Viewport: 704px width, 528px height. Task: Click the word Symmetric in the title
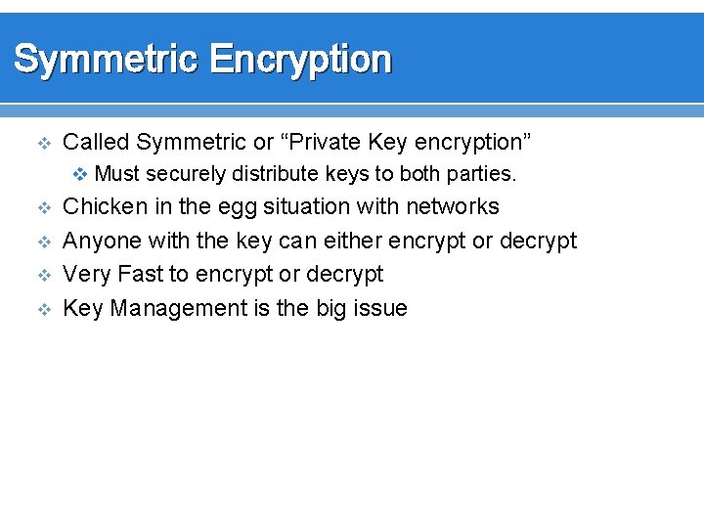point(105,60)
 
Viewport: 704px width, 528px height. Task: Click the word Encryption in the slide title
point(301,60)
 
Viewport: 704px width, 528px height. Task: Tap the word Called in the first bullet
point(96,143)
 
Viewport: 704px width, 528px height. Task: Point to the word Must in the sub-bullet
point(117,175)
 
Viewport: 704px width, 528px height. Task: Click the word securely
point(185,175)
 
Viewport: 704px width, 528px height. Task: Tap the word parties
point(482,175)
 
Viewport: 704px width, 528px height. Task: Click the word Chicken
point(105,207)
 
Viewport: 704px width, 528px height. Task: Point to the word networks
point(453,207)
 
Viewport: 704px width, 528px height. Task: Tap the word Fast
point(141,275)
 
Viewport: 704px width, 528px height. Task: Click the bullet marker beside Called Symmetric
point(42,144)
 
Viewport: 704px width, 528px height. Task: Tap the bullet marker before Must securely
point(82,175)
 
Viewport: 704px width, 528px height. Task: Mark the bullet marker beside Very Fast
point(42,276)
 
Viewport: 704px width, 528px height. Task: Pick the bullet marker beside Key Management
point(42,310)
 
